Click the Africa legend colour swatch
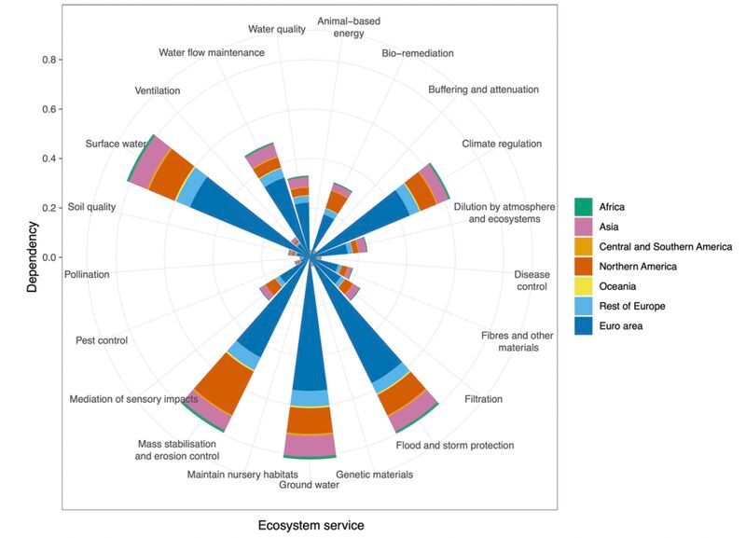tap(583, 207)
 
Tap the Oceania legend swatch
tap(583, 286)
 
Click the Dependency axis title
tap(32, 256)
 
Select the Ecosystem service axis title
tap(311, 525)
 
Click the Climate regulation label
tap(502, 145)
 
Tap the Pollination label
tap(87, 274)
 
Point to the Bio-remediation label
tap(417, 53)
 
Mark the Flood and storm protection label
tap(454, 446)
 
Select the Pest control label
tap(101, 340)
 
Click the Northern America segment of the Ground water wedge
tap(310, 421)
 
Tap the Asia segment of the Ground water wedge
tap(310, 445)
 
